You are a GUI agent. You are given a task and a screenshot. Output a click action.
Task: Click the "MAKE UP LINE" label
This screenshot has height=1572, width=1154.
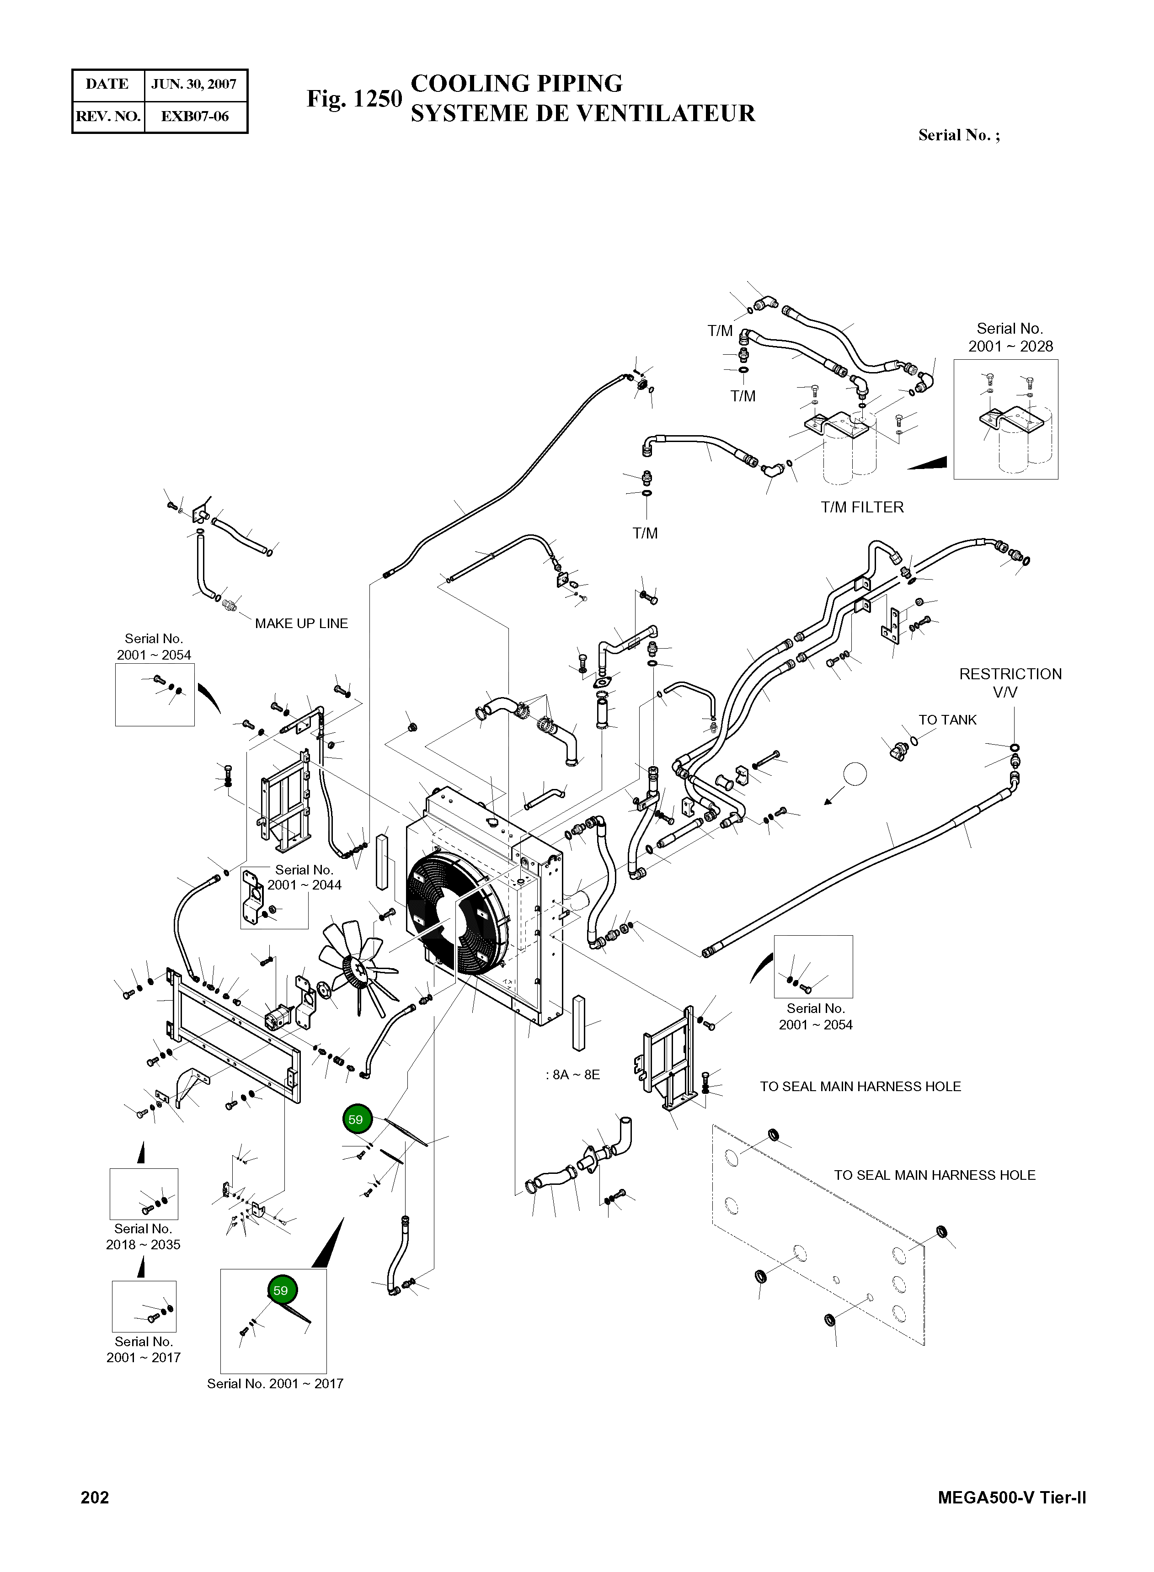(301, 623)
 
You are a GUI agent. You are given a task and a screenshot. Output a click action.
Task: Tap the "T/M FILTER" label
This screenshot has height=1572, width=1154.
(862, 508)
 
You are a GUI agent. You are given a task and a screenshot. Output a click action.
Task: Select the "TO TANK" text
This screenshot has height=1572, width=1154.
(947, 720)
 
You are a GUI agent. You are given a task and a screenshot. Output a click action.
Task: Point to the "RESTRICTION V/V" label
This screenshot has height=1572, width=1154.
(1010, 683)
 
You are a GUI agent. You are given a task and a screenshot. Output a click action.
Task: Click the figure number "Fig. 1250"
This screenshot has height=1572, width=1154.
(355, 99)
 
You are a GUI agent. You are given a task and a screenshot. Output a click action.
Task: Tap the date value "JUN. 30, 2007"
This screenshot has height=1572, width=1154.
(194, 85)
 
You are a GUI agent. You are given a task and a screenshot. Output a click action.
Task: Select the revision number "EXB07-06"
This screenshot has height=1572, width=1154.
(195, 117)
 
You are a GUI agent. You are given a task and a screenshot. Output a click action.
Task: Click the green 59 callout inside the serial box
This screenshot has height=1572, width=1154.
(280, 1290)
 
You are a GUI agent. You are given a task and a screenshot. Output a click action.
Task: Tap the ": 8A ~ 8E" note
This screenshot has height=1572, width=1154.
(573, 1075)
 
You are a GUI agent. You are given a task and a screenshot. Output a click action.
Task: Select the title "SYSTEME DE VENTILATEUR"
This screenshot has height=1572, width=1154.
(582, 113)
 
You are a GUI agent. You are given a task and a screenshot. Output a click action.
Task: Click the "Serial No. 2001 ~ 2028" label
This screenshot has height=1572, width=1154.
(1010, 337)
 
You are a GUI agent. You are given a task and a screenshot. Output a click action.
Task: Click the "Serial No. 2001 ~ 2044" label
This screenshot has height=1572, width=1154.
(305, 877)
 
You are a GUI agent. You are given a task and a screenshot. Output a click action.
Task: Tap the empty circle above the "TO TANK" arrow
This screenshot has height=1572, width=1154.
(855, 774)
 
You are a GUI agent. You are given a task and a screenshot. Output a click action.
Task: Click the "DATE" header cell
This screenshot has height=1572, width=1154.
(107, 85)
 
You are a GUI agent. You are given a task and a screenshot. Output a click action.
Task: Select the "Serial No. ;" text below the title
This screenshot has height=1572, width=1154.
(959, 135)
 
